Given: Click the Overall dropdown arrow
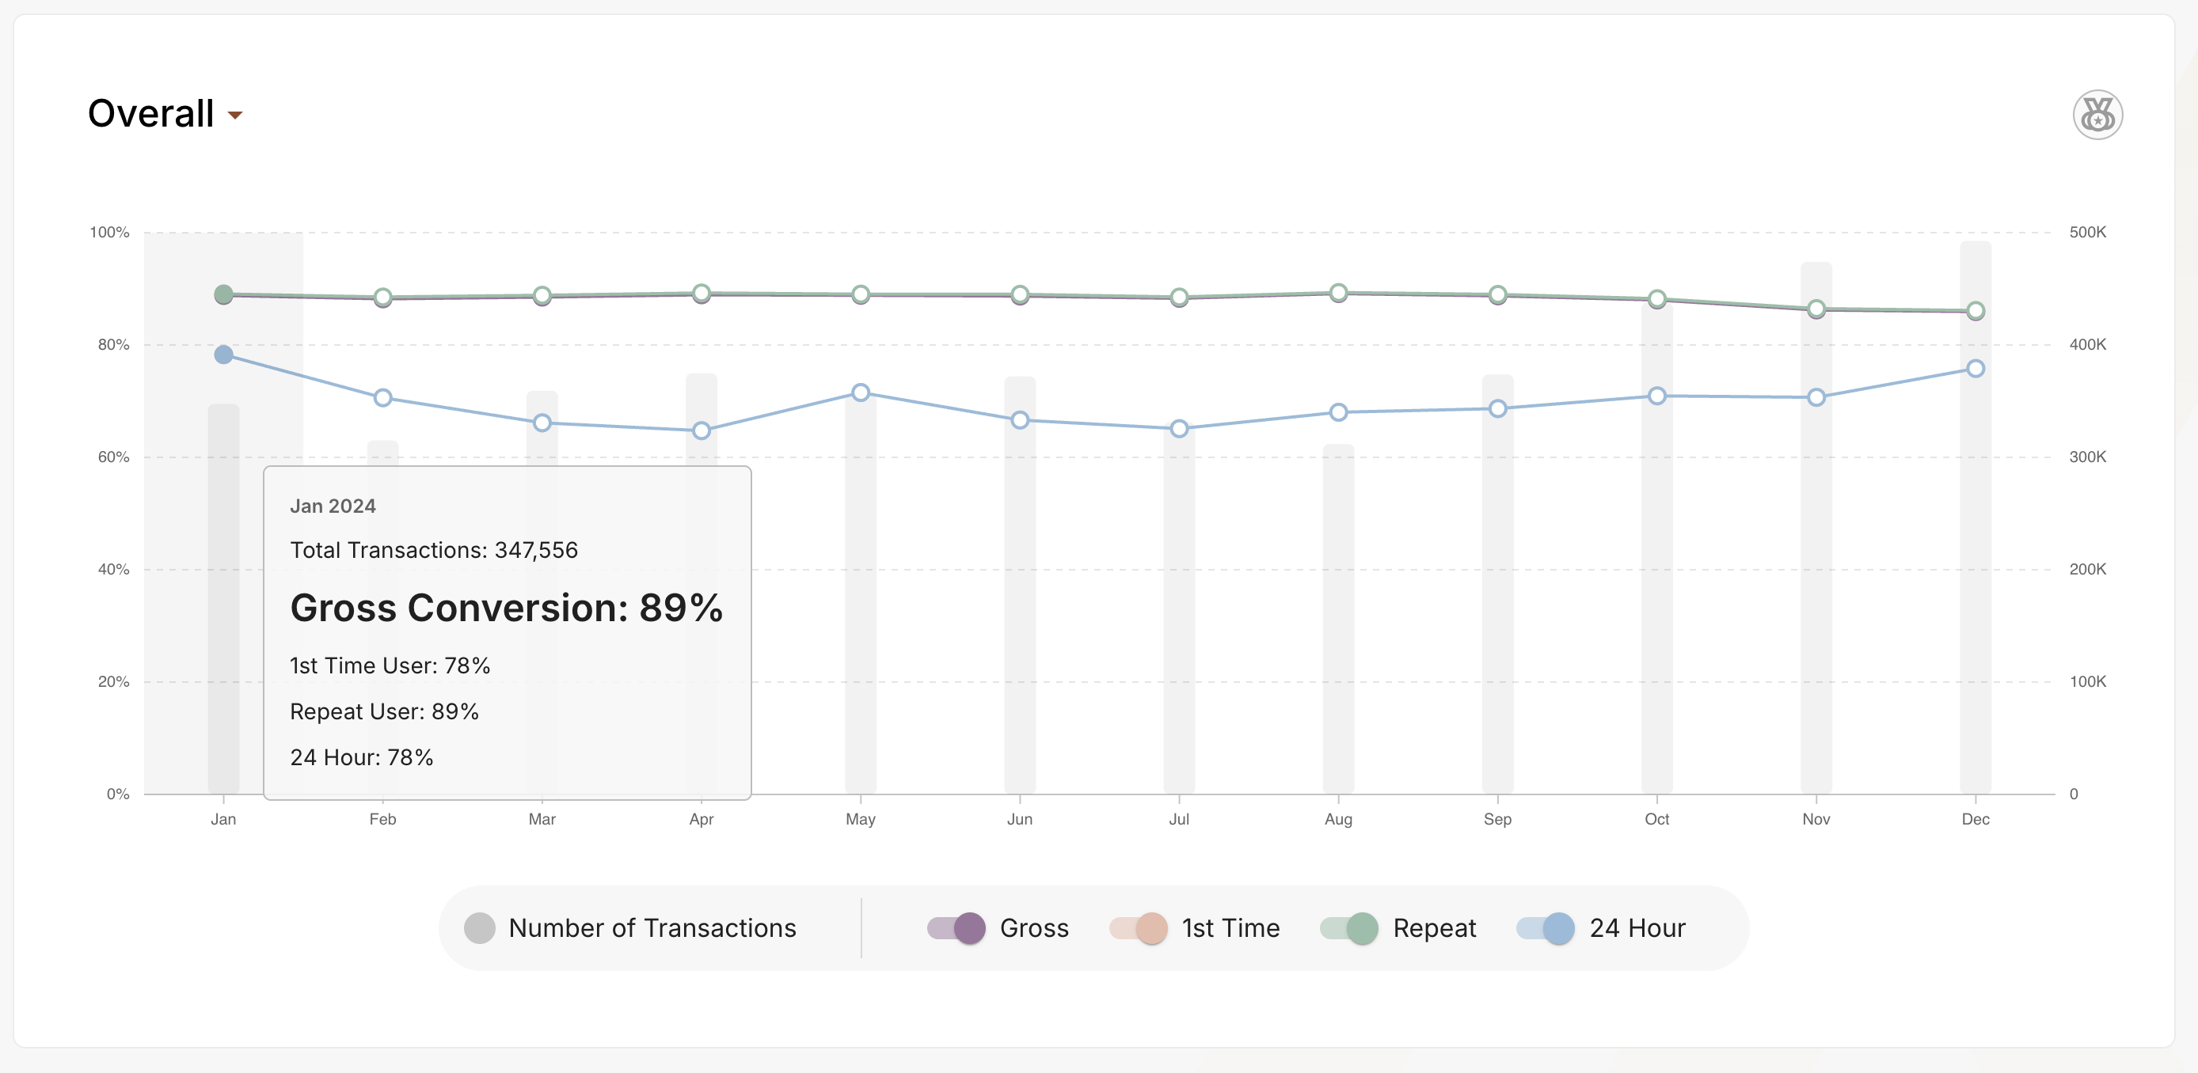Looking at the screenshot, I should pos(235,116).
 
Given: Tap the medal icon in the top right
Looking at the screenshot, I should pos(2097,114).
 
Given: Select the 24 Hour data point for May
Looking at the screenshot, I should pos(860,392).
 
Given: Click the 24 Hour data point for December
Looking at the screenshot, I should pos(1975,369).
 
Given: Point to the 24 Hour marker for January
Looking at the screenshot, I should pos(223,355).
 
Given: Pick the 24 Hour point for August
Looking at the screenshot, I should pos(1338,412).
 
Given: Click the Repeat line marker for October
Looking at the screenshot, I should pos(1656,298).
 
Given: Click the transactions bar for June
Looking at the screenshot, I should pos(1020,597).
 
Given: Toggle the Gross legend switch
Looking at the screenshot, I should pos(956,928).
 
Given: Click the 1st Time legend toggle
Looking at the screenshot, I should pos(1139,928).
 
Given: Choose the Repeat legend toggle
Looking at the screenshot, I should pos(1349,928).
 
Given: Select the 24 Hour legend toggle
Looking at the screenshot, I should pos(1546,928).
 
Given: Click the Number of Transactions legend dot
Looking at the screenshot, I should pos(480,928).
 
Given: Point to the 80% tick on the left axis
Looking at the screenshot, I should pos(113,344).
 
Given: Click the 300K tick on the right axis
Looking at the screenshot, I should pos(2087,457).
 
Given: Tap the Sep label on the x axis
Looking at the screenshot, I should pos(1496,819).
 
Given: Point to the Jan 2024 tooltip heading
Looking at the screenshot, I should pos(333,506).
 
